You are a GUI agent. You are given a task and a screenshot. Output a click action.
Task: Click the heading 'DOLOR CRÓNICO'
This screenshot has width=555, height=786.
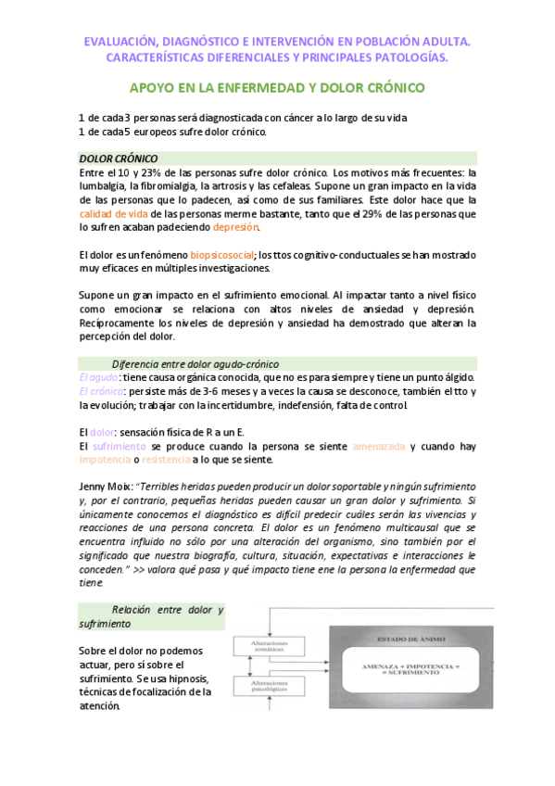coord(119,158)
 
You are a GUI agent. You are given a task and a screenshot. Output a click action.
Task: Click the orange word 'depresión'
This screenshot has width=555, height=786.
coord(236,227)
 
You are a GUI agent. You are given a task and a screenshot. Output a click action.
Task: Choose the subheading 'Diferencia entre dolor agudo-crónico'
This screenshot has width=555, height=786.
coord(195,364)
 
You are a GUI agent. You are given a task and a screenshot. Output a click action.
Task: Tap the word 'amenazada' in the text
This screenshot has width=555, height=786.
coord(379,447)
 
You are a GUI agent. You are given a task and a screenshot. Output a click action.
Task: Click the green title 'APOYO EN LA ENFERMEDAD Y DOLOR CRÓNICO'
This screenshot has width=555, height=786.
coord(277,88)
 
